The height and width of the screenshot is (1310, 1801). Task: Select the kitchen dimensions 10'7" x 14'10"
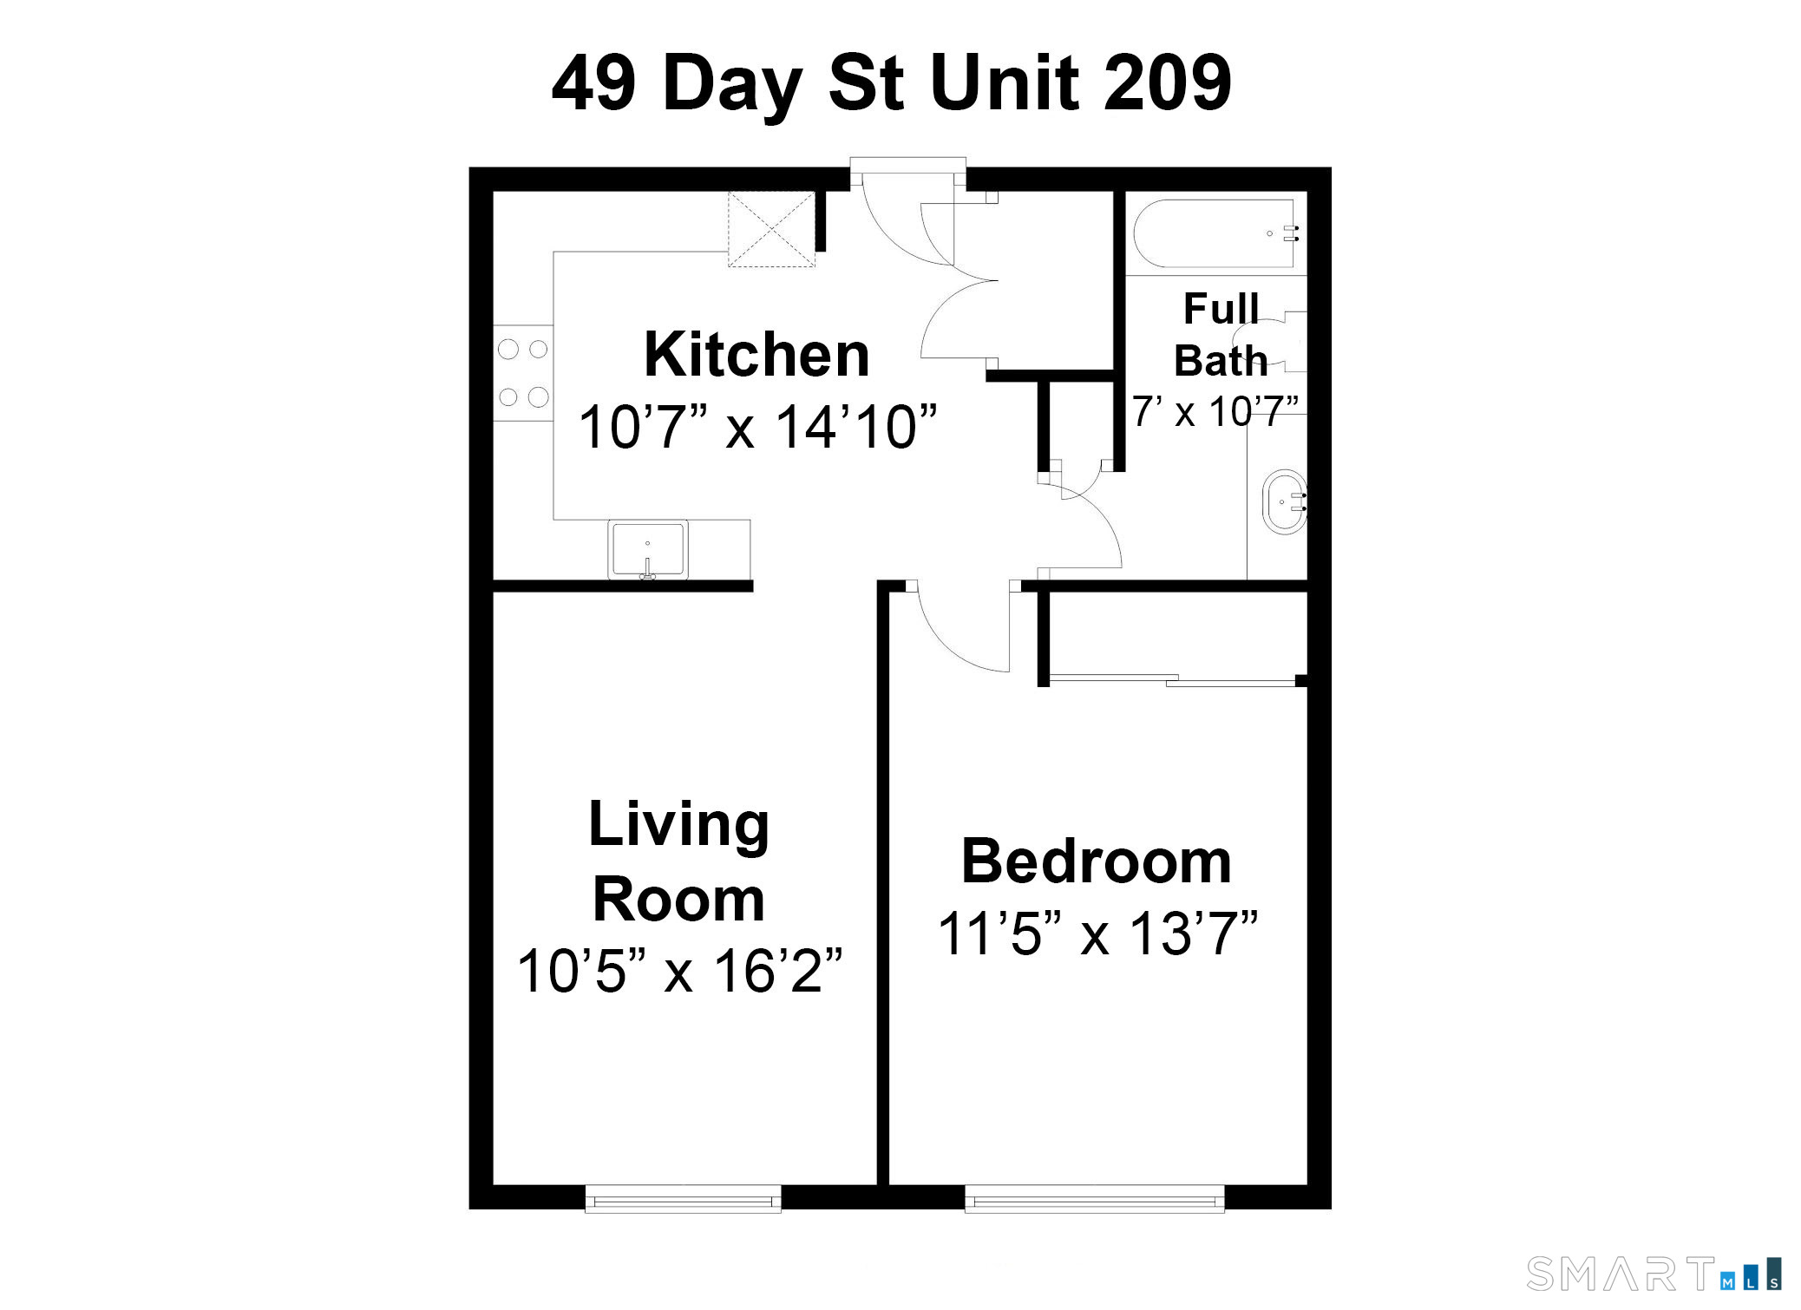click(757, 427)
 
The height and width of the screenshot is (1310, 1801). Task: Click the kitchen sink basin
click(647, 548)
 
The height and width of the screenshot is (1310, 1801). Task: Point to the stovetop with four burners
click(523, 373)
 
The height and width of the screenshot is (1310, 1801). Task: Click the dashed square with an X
click(770, 229)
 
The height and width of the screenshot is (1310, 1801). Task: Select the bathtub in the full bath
click(1215, 233)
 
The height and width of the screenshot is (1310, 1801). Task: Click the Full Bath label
click(1221, 334)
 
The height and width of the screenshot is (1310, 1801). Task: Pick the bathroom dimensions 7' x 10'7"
click(1215, 411)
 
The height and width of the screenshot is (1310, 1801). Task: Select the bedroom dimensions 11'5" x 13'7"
click(1097, 934)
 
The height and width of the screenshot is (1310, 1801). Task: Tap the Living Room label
click(678, 861)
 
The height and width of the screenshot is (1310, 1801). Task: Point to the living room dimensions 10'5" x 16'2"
click(679, 971)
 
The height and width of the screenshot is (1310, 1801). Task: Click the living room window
click(683, 1199)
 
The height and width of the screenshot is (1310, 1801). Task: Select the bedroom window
click(1094, 1199)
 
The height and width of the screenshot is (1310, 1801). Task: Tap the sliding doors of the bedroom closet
click(1171, 680)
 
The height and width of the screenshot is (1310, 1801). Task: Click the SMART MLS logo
click(1653, 1274)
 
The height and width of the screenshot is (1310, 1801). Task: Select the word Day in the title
click(732, 84)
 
